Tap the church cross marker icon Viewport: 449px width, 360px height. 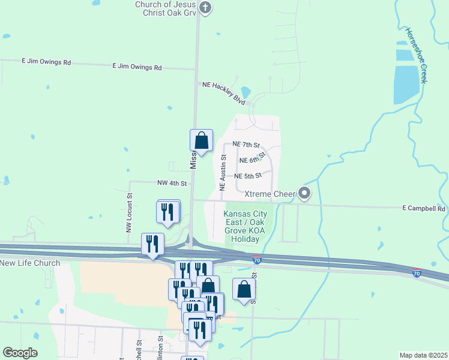pyautogui.click(x=205, y=8)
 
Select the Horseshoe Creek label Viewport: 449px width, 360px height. pyautogui.click(x=415, y=55)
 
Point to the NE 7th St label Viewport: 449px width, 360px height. pyautogui.click(x=246, y=145)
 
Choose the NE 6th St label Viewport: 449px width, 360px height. pyautogui.click(x=252, y=160)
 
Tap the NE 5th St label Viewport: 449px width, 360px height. pyautogui.click(x=248, y=176)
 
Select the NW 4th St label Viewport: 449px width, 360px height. pyautogui.click(x=172, y=183)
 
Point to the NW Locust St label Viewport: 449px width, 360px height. pyautogui.click(x=128, y=212)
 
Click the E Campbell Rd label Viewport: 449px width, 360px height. pyautogui.click(x=423, y=209)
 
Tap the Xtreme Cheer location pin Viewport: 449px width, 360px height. pyautogui.click(x=305, y=193)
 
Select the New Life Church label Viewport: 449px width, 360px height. pyautogui.click(x=30, y=263)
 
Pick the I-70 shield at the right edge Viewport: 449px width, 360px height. pyautogui.click(x=416, y=274)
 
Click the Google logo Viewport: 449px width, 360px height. pyautogui.click(x=20, y=353)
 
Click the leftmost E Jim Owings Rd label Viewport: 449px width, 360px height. pyautogui.click(x=46, y=62)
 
